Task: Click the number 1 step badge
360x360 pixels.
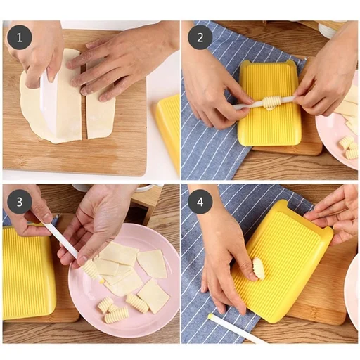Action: point(20,37)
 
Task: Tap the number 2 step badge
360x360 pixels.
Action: point(200,37)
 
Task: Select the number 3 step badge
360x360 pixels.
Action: point(20,202)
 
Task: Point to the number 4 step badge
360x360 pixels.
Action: point(200,202)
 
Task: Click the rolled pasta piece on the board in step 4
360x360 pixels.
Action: point(258,267)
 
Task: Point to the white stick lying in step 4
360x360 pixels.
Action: point(236,330)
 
